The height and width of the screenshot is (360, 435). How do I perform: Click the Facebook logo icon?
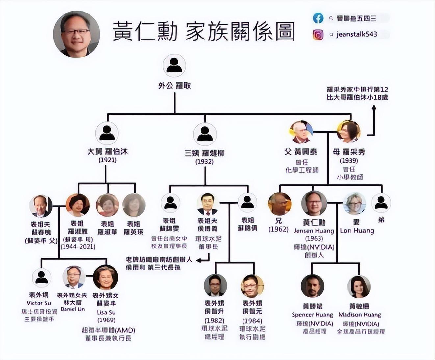coord(318,18)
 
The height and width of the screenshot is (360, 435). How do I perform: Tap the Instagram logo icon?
coord(318,35)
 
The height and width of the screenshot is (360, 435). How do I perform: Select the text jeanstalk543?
coord(356,34)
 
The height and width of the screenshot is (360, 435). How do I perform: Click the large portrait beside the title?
coord(76,34)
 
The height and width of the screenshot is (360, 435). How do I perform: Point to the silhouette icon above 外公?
coord(174,65)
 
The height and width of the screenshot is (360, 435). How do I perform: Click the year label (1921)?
coord(108,160)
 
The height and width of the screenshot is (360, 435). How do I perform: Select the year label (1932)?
coord(204,162)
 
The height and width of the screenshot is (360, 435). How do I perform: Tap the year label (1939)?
coord(349,161)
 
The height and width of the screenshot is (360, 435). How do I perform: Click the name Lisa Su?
coord(106,312)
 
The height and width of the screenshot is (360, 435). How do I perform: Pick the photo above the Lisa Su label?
coord(106,277)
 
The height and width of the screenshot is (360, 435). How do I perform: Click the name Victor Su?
coord(39,303)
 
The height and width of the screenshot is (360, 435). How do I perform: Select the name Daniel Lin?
coord(72,309)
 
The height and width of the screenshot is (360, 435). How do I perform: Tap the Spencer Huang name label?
coord(312,315)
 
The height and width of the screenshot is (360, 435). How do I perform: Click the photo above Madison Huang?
coord(359,287)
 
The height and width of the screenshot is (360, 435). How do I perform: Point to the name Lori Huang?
coord(357,231)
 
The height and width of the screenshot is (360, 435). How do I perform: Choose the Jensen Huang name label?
coord(314,231)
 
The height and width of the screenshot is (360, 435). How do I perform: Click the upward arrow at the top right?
coord(374,109)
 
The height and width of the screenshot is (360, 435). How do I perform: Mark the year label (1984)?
coord(252,321)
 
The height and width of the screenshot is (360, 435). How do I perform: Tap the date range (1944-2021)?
coord(78,247)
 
